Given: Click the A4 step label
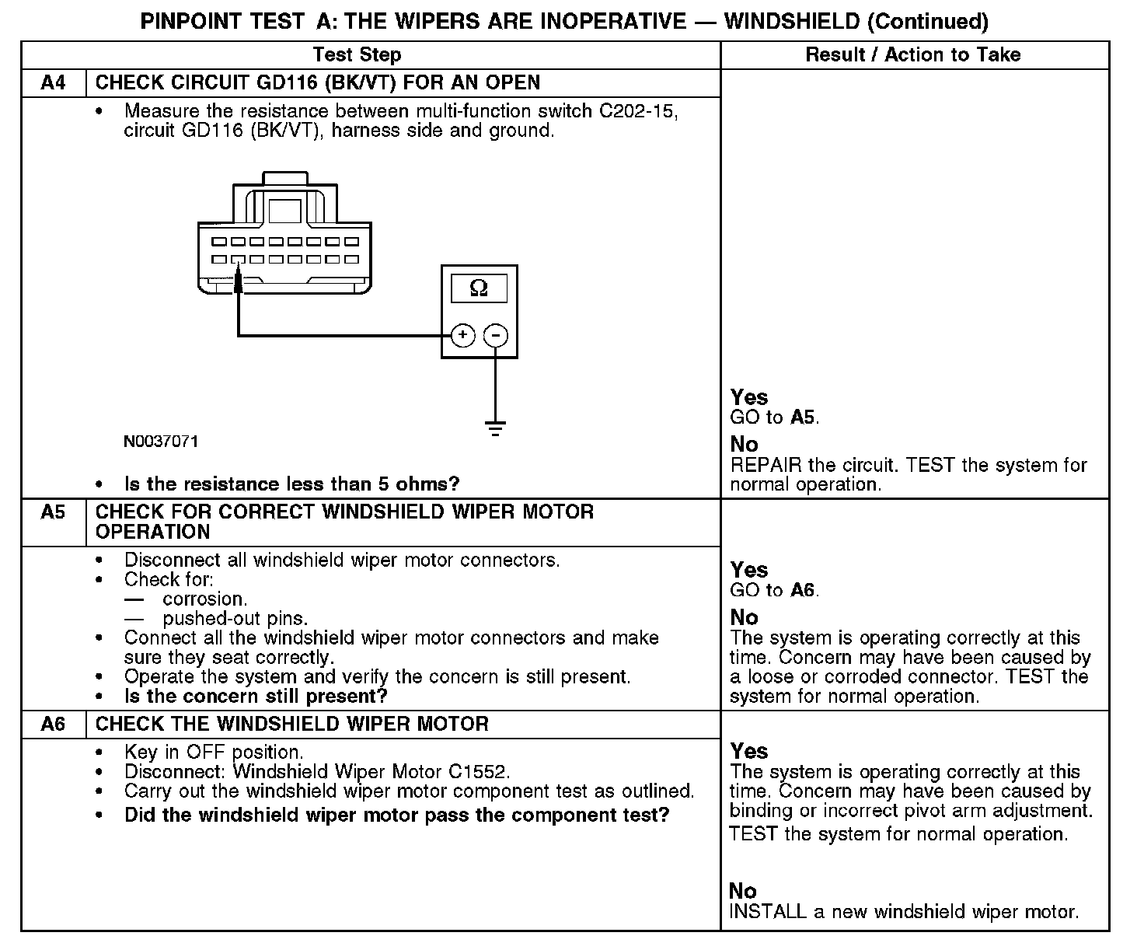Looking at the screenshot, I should pos(53,82).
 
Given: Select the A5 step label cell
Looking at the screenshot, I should pos(53,512).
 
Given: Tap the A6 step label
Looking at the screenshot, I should pos(53,725).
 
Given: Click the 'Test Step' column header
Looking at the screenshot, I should pos(357,54).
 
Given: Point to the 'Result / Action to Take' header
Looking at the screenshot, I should pos(912,54).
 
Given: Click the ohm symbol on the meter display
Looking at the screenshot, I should pos(479,289).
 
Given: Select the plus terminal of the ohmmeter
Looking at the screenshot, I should pos(462,335).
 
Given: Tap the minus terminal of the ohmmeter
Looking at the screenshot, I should pos(496,335).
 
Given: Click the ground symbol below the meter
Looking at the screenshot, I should pos(495,428).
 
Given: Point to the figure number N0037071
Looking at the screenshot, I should pos(161,442).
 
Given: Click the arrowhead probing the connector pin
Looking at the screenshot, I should pos(239,281).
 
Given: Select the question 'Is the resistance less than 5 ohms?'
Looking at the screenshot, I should pos(291,484).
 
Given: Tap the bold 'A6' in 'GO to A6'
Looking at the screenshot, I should pos(803,590).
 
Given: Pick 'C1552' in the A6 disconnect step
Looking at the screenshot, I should pos(478,772).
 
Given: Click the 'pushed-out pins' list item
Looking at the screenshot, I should pos(235,619).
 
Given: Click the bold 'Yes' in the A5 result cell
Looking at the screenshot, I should pos(749,570).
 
